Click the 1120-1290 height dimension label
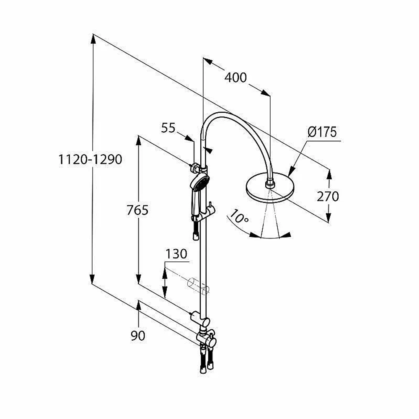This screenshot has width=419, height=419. (90, 160)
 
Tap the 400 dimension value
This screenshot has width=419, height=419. (235, 78)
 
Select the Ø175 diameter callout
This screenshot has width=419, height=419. (322, 132)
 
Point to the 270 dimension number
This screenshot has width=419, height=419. (328, 197)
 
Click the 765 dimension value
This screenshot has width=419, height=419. (137, 210)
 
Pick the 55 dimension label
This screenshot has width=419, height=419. (168, 128)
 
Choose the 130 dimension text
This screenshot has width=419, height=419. (176, 254)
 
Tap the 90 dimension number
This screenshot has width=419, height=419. (138, 336)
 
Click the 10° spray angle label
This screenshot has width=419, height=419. (239, 217)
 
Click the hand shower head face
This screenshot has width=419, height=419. (199, 182)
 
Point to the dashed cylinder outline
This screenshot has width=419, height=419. (198, 287)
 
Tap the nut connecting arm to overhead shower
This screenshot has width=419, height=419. (269, 185)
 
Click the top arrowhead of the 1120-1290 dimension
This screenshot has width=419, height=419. (93, 39)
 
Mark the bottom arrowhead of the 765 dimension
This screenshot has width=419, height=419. (138, 279)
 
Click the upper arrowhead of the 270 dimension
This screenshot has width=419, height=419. (329, 174)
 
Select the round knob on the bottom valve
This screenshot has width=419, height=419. (212, 343)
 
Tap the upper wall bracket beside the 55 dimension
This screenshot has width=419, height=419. (195, 168)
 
